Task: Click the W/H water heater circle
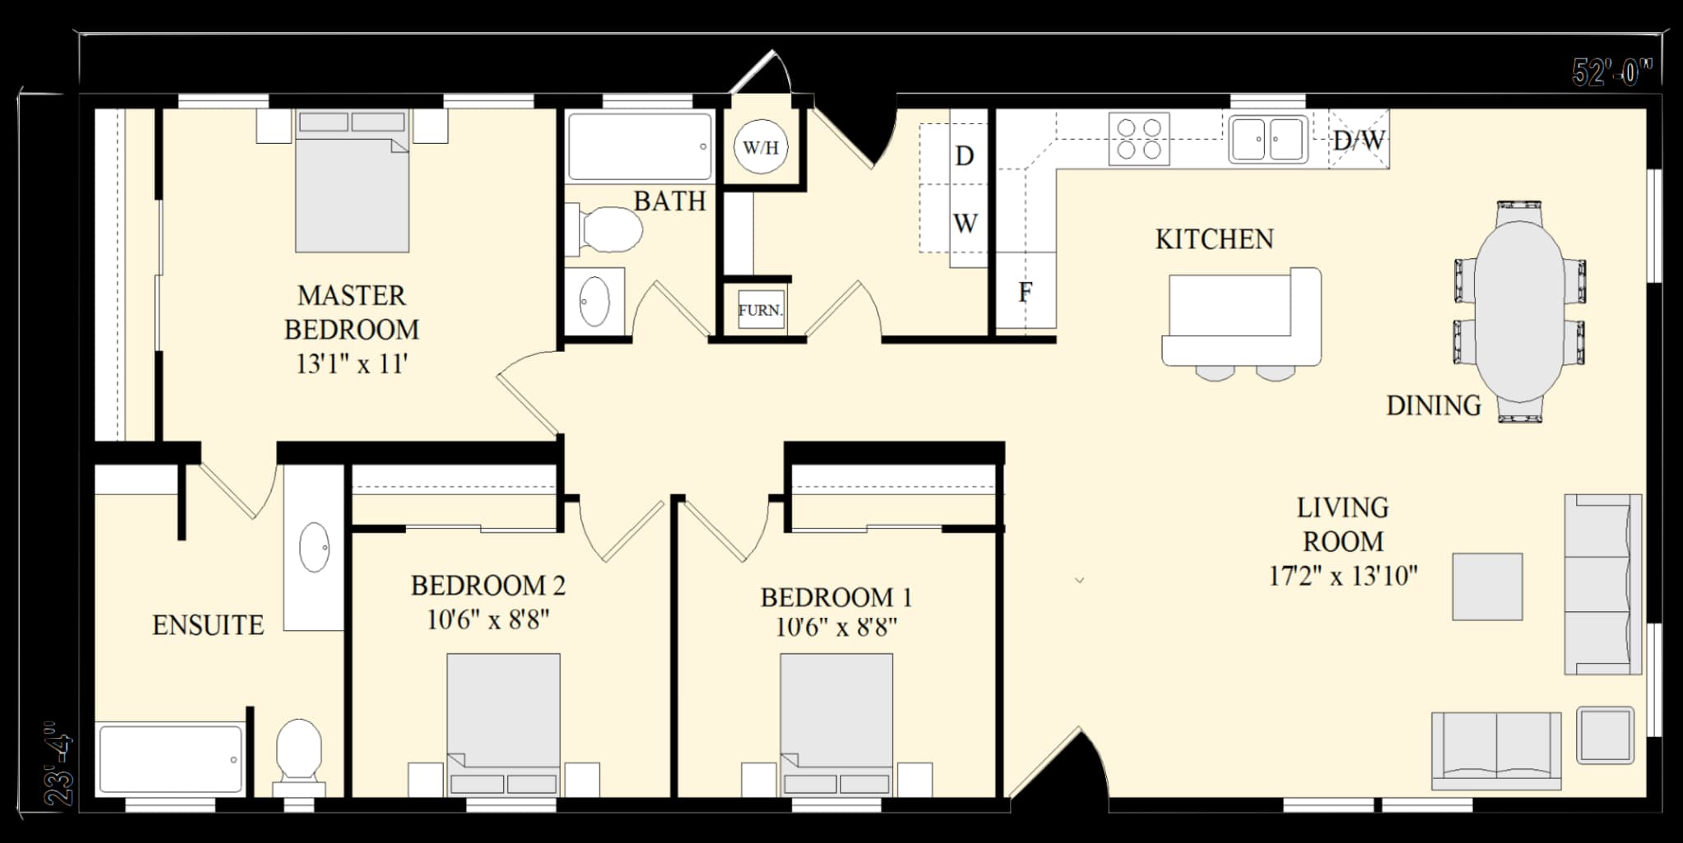[760, 148]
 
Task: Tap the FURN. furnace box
[760, 310]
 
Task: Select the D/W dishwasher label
[1359, 140]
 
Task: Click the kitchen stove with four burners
[1139, 139]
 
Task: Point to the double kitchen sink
[1267, 139]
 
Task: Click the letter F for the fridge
[1025, 292]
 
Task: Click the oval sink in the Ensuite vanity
[314, 547]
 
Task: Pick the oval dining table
[1519, 311]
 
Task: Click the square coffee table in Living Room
[1487, 587]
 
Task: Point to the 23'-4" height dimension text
[59, 764]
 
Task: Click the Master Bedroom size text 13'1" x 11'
[352, 363]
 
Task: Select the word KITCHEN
[1214, 239]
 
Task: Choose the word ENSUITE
[208, 625]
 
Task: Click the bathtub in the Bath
[639, 146]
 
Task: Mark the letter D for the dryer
[965, 155]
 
